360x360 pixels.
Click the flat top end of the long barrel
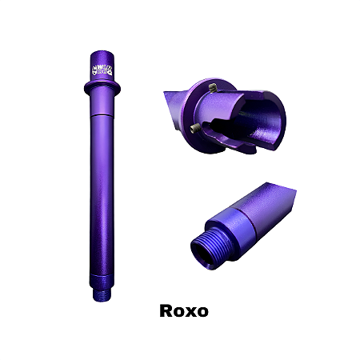point(102,55)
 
